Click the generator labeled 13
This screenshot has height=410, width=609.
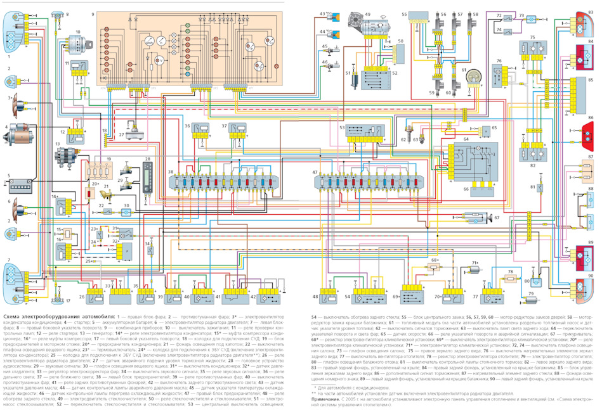tap(65, 156)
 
